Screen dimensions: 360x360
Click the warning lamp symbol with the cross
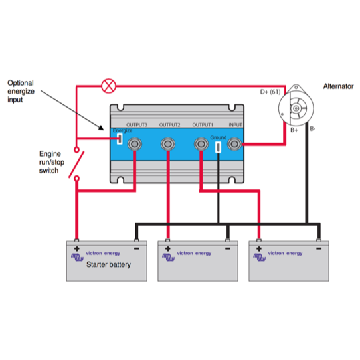[108, 86]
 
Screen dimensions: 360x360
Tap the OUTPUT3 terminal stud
[135, 144]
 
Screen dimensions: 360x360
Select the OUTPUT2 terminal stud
[168, 144]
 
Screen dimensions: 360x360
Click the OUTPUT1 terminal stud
[201, 144]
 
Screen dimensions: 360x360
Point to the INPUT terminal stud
[234, 144]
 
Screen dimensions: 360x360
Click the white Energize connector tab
[120, 139]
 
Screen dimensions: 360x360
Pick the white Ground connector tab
[219, 147]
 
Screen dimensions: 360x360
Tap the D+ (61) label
[270, 92]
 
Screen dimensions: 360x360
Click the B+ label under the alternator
[294, 130]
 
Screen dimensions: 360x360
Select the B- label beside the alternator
[313, 129]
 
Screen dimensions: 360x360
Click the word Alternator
[339, 86]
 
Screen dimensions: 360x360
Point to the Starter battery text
[108, 265]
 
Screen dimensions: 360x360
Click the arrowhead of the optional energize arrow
[101, 128]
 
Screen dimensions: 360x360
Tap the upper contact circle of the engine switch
[76, 150]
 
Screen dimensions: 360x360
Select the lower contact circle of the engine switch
[77, 179]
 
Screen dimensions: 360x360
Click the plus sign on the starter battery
[76, 248]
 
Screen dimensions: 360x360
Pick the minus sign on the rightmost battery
[319, 248]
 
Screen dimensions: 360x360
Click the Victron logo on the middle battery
[168, 257]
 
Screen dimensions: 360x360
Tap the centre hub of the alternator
[296, 108]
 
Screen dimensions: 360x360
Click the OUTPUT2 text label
[169, 125]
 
